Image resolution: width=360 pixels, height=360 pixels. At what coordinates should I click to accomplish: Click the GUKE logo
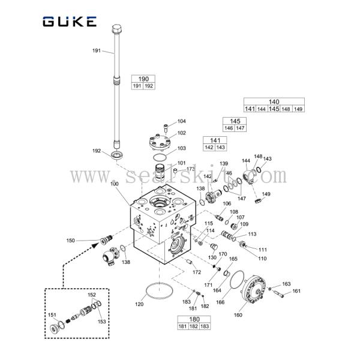click(69, 22)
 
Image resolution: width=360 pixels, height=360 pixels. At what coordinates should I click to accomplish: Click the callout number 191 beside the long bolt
click(96, 50)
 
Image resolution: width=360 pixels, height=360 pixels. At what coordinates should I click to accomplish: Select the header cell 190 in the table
click(143, 79)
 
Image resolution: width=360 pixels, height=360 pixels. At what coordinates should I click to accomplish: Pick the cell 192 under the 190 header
click(149, 86)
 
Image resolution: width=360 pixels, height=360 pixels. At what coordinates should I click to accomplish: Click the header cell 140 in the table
click(274, 101)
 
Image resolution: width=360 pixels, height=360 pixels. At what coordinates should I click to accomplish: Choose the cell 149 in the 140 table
click(298, 109)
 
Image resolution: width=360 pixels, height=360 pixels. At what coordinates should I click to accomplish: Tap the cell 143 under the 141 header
click(220, 147)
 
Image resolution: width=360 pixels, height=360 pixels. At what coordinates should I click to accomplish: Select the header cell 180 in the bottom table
click(194, 319)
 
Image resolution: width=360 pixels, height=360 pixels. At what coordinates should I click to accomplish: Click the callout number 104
click(181, 121)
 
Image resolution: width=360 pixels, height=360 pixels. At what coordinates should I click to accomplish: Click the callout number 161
click(296, 292)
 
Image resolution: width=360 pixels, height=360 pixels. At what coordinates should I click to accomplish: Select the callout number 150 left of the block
click(70, 241)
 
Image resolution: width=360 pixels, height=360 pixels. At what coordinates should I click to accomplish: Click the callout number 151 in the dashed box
click(52, 315)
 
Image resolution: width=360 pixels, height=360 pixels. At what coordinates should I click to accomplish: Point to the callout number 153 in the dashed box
click(102, 322)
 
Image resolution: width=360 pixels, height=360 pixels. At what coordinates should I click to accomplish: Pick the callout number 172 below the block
click(196, 272)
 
